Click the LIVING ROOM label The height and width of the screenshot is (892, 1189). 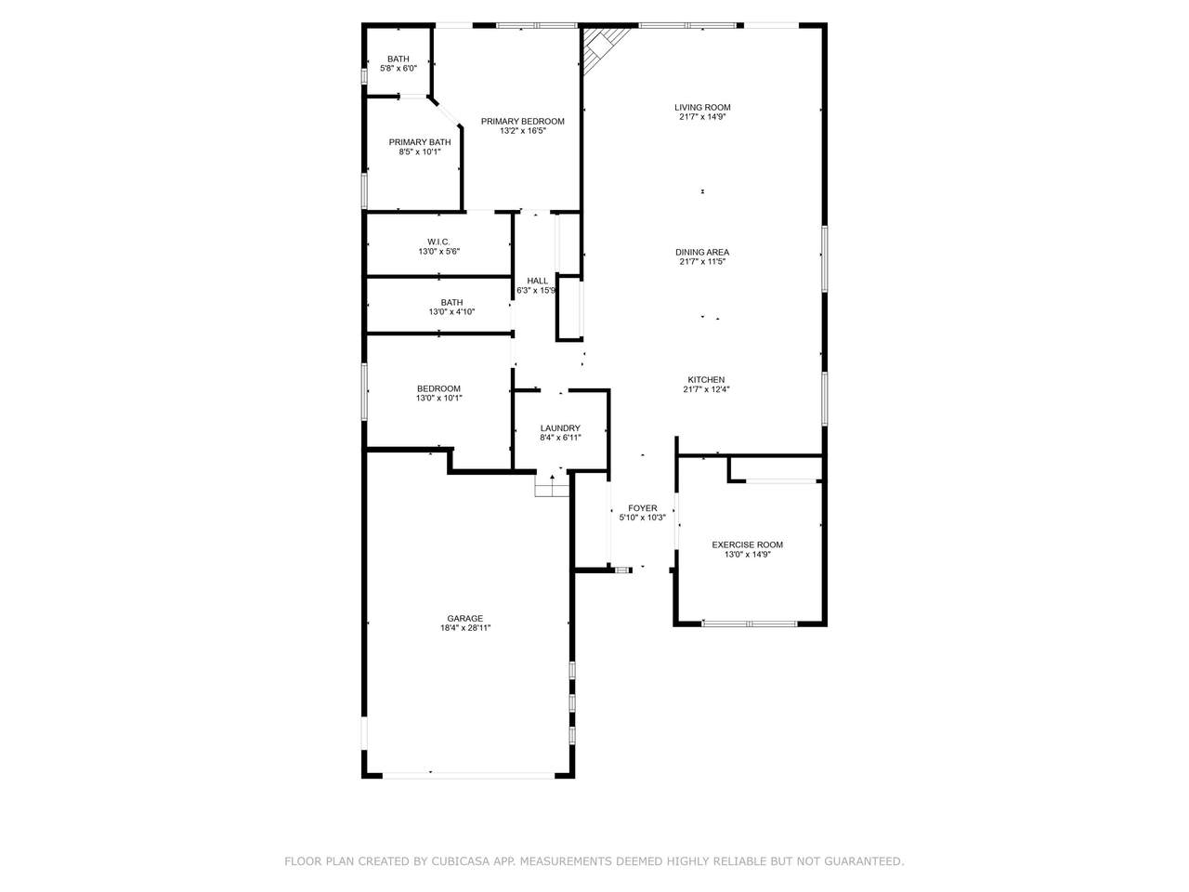pyautogui.click(x=702, y=107)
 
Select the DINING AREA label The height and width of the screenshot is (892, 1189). pyautogui.click(x=702, y=253)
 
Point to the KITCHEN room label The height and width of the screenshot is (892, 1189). pyautogui.click(x=706, y=380)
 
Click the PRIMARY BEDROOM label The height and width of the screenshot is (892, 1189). pyautogui.click(x=522, y=122)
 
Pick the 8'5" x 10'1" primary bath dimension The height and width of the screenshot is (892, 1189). pyautogui.click(x=419, y=152)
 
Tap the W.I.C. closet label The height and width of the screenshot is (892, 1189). pyautogui.click(x=438, y=243)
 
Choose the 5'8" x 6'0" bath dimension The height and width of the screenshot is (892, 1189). pyautogui.click(x=399, y=69)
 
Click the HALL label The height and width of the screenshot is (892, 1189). pyautogui.click(x=537, y=282)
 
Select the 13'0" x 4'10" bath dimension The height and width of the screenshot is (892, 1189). pyautogui.click(x=451, y=312)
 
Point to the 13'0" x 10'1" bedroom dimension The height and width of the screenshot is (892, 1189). pyautogui.click(x=438, y=398)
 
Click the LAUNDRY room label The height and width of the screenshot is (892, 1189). pyautogui.click(x=560, y=428)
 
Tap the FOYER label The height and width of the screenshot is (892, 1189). pyautogui.click(x=643, y=508)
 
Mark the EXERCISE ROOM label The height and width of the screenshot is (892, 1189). pyautogui.click(x=747, y=544)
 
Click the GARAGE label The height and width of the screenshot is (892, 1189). pyautogui.click(x=464, y=619)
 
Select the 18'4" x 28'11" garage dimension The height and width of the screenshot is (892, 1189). pyautogui.click(x=465, y=628)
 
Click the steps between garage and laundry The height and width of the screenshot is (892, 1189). pyautogui.click(x=552, y=485)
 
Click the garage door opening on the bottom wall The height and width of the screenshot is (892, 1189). pyautogui.click(x=468, y=775)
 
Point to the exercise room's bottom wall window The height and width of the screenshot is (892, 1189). pyautogui.click(x=750, y=623)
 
